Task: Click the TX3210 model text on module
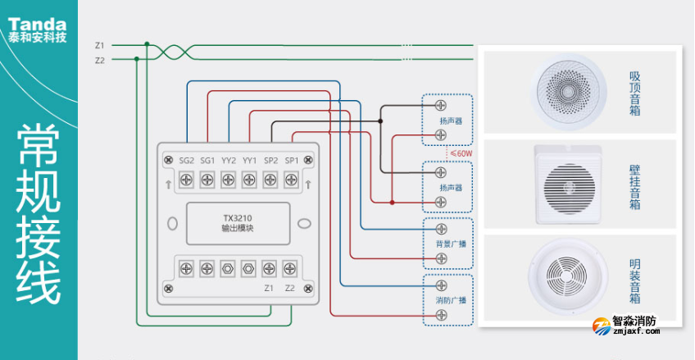(238, 218)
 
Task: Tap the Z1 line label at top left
(99, 45)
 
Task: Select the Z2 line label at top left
(99, 60)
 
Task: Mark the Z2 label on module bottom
(290, 288)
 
